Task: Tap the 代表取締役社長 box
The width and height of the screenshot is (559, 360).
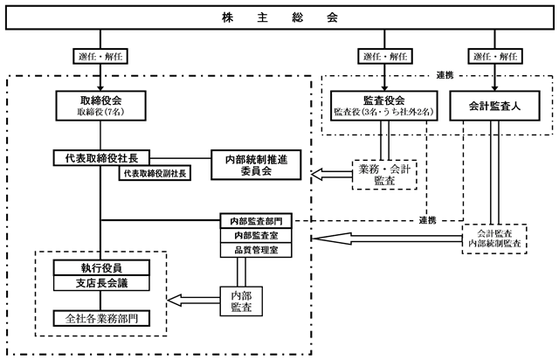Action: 101,158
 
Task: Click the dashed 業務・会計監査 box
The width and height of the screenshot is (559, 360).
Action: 384,173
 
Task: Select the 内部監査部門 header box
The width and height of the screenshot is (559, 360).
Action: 256,220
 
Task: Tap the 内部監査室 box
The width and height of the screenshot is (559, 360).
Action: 256,235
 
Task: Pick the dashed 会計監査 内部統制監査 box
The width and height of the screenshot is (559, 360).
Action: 495,239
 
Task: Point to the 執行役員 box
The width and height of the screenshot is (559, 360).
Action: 101,267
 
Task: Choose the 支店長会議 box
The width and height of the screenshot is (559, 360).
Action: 101,283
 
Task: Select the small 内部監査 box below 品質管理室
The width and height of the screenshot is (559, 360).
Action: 238,301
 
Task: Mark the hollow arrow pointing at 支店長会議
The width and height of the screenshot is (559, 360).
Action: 192,301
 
